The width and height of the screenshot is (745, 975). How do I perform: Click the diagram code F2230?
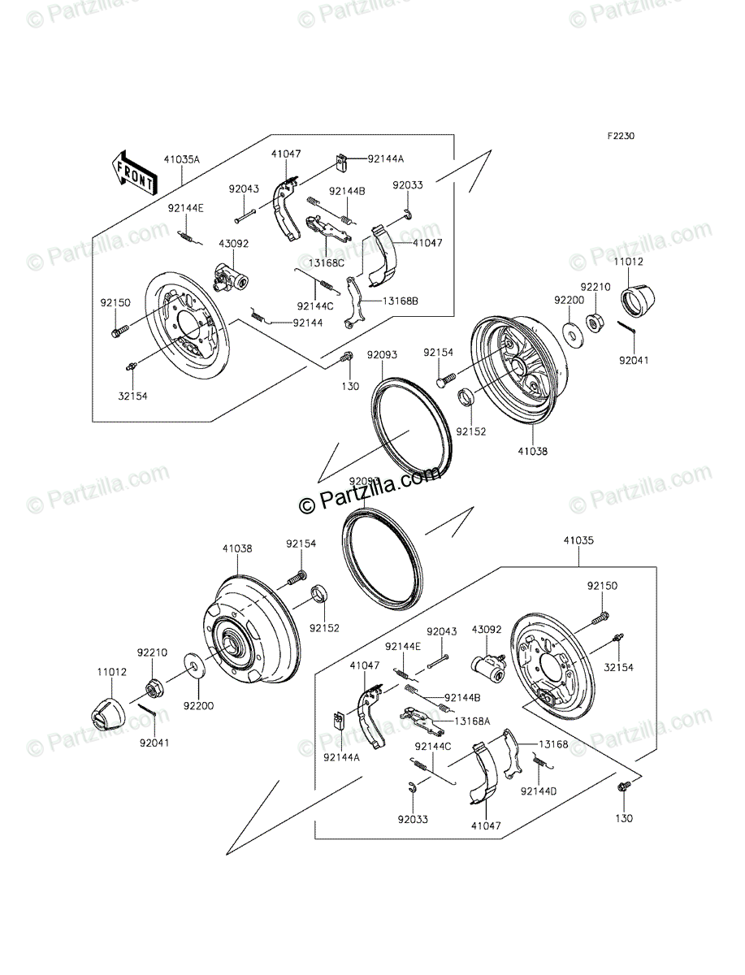[618, 136]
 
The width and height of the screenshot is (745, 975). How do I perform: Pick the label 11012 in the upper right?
[628, 262]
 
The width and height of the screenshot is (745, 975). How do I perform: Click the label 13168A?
[470, 721]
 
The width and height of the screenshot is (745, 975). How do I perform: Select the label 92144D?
[537, 790]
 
